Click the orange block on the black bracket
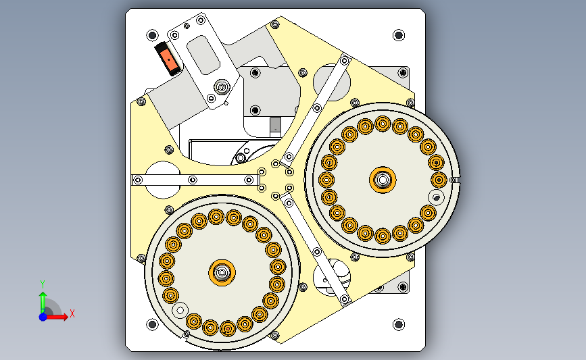(x=168, y=60)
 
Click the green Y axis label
(x=43, y=284)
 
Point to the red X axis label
(x=72, y=313)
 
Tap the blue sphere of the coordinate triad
(x=43, y=317)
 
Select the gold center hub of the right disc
(x=383, y=180)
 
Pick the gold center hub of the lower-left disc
(x=222, y=273)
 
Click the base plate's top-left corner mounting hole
(x=152, y=36)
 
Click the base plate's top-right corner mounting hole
(x=399, y=35)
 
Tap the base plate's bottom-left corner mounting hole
(x=152, y=324)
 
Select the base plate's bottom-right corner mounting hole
(x=399, y=324)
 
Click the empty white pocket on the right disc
(x=436, y=197)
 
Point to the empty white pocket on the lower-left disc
(x=180, y=310)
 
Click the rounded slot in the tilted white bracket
(x=203, y=55)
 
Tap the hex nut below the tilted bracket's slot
(x=222, y=88)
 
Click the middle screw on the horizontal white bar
(x=193, y=180)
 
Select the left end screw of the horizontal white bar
(x=138, y=180)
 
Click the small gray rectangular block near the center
(x=276, y=124)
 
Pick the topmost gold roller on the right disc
(x=383, y=124)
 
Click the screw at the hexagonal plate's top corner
(x=274, y=25)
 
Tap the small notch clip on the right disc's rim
(x=454, y=180)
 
